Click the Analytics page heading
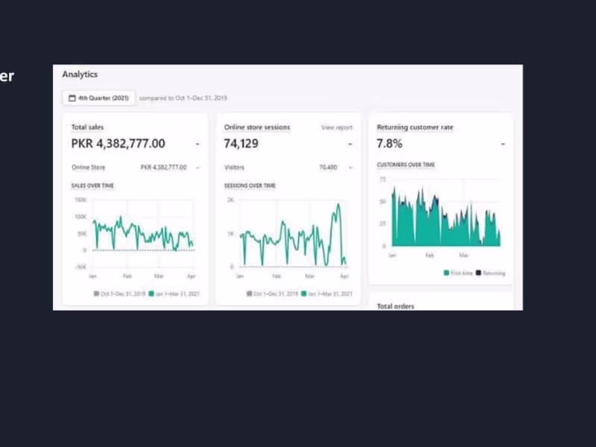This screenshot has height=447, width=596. pyautogui.click(x=80, y=74)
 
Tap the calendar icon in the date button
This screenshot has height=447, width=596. pyautogui.click(x=72, y=98)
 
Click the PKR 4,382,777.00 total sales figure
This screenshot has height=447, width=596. pyautogui.click(x=118, y=144)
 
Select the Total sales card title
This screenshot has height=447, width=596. pyautogui.click(x=87, y=127)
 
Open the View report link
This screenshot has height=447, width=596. pyautogui.click(x=337, y=127)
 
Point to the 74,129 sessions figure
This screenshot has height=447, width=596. pyautogui.click(x=241, y=144)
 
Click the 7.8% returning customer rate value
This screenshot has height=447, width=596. pyautogui.click(x=390, y=144)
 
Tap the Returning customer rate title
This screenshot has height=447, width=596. pyautogui.click(x=415, y=127)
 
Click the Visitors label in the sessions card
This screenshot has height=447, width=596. pyautogui.click(x=234, y=168)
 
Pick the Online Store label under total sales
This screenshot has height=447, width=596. pyautogui.click(x=89, y=168)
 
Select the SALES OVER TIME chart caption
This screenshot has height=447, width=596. pyautogui.click(x=92, y=186)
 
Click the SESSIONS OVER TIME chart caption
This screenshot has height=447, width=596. pyautogui.click(x=250, y=186)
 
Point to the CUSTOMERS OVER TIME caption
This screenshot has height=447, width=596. pyautogui.click(x=406, y=165)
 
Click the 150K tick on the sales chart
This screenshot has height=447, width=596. pyautogui.click(x=80, y=200)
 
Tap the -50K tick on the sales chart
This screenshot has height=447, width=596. pyautogui.click(x=80, y=267)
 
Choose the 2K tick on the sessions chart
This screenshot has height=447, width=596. pyautogui.click(x=231, y=200)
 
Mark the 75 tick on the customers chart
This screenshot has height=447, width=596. pyautogui.click(x=383, y=180)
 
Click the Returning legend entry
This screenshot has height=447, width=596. pyautogui.click(x=491, y=273)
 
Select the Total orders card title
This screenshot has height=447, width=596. pyautogui.click(x=396, y=306)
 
